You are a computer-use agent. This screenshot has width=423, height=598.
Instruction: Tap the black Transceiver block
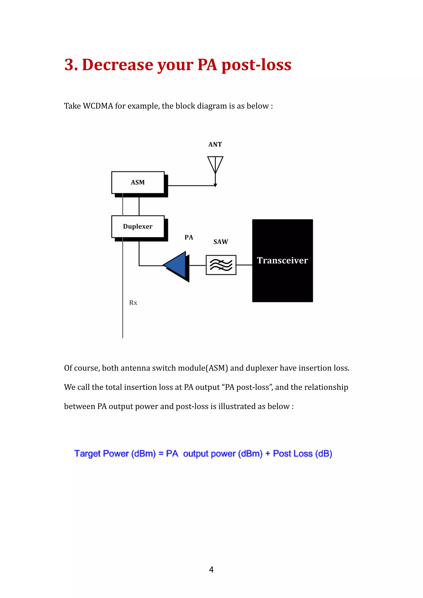[282, 260]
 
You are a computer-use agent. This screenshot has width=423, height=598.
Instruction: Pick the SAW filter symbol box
[221, 265]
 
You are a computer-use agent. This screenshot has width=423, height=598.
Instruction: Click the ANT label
[215, 145]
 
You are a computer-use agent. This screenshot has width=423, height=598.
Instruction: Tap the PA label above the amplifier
[189, 237]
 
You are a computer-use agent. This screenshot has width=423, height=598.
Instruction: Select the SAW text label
[221, 242]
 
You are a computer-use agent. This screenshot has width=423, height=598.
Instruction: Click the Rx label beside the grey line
[133, 303]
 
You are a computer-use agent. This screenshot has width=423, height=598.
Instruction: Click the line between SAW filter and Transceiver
[244, 265]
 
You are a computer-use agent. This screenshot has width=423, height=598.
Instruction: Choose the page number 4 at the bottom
[211, 569]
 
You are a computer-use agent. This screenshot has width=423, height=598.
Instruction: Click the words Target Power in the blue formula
[101, 453]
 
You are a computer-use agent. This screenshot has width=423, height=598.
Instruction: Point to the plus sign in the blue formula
[267, 453]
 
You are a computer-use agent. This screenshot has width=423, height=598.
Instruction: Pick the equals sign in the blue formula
[161, 453]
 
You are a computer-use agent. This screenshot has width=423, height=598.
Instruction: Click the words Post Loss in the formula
[292, 453]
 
